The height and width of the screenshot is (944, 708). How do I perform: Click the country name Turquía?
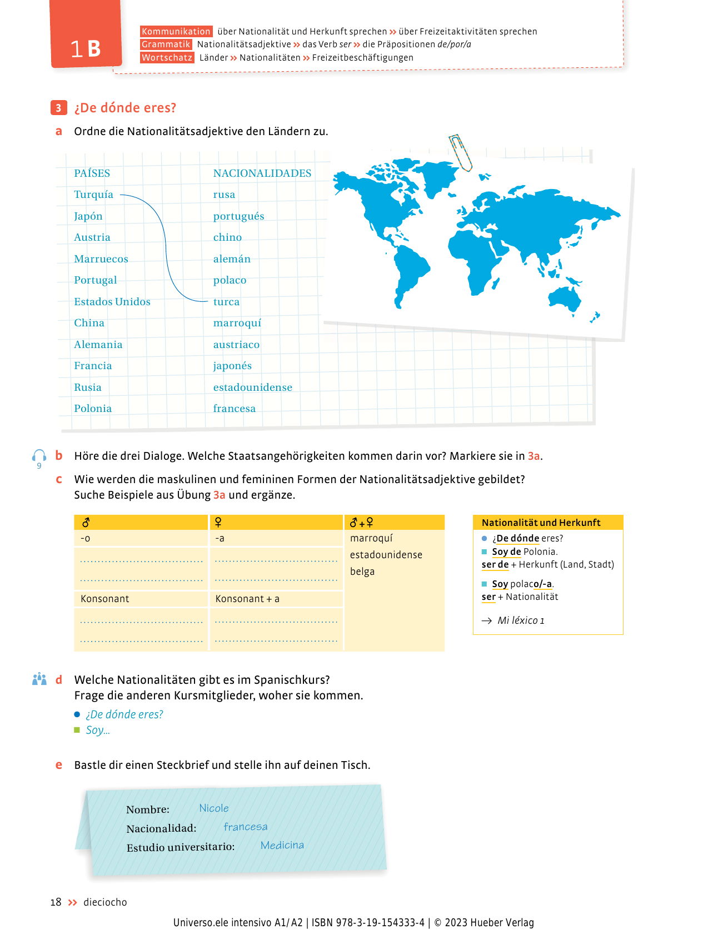coord(93,195)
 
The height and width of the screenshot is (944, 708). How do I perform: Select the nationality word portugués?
coord(238,216)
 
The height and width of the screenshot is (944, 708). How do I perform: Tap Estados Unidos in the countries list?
coord(112,302)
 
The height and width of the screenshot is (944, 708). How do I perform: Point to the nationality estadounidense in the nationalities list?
coord(252,387)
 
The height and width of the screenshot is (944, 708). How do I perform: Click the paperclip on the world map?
coord(460,152)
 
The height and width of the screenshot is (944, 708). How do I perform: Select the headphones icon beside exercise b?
coord(39,456)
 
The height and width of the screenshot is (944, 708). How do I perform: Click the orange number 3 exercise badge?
coord(58,108)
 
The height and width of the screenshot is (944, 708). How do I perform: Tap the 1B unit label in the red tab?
coord(86,49)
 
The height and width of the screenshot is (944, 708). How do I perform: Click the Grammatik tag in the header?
coord(166,44)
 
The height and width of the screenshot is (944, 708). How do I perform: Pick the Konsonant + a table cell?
coord(247,599)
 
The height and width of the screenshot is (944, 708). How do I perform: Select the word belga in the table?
coord(362,572)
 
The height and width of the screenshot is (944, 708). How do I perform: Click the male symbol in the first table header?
coord(86,523)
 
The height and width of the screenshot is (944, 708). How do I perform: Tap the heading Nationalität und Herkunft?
coord(541,523)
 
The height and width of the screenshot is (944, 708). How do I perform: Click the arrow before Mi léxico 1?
coord(487,620)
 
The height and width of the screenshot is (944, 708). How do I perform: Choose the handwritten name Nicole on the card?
coord(214,808)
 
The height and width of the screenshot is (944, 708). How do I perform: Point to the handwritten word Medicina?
coord(282,845)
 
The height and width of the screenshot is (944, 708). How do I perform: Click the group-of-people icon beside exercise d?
coord(39,679)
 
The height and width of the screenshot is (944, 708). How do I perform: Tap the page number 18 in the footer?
coord(56,902)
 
